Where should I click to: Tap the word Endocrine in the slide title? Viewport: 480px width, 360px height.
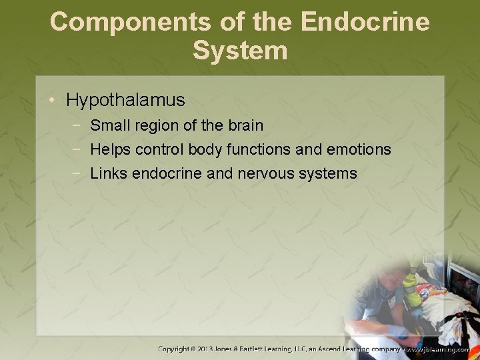pyautogui.click(x=365, y=22)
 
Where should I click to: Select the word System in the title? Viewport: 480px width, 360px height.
pyautogui.click(x=240, y=51)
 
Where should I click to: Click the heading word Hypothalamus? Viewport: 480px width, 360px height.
pyautogui.click(x=125, y=101)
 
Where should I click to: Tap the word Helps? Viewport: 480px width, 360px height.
pyautogui.click(x=110, y=149)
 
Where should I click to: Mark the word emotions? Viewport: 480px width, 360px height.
pyautogui.click(x=358, y=149)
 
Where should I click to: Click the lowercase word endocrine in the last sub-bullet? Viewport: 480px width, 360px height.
pyautogui.click(x=165, y=174)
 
